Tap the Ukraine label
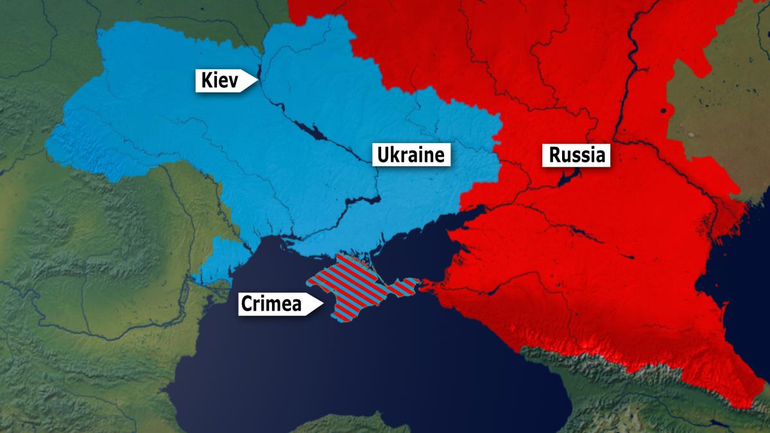pyautogui.click(x=411, y=155)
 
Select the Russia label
pyautogui.click(x=576, y=155)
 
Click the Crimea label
pyautogui.click(x=271, y=303)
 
